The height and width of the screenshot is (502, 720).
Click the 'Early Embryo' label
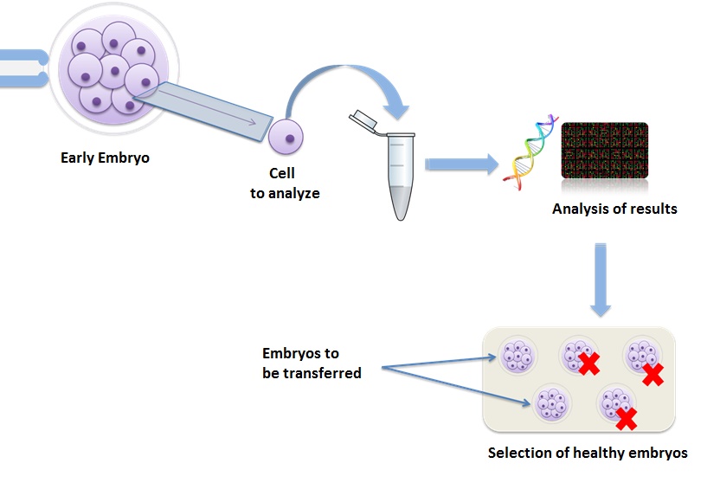coord(106,158)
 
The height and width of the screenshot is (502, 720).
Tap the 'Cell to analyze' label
coord(285,183)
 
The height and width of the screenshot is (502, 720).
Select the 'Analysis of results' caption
coord(614,209)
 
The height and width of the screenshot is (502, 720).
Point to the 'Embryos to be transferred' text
coord(312,363)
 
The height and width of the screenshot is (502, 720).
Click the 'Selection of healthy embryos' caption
coord(588,453)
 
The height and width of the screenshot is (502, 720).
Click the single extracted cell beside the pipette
coord(286,137)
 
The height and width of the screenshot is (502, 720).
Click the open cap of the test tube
coord(363,120)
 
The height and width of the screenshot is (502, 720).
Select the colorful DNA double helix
coord(530,152)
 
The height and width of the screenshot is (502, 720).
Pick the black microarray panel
coord(605,151)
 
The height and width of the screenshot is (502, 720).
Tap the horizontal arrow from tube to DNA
coord(462,164)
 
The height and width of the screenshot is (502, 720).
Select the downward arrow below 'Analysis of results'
coord(601,280)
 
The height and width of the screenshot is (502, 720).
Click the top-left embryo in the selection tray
coord(518,355)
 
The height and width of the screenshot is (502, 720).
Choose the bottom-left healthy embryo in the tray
coord(552,403)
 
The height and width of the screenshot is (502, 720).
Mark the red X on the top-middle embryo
coord(588,364)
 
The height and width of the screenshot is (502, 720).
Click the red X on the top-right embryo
coord(653,374)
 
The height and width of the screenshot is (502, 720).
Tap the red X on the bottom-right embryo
coord(627,419)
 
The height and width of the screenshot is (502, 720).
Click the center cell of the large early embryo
coord(114,71)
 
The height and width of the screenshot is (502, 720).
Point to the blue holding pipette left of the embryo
coord(24,68)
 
